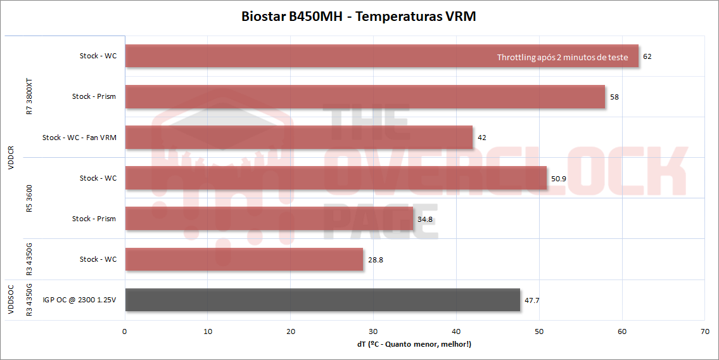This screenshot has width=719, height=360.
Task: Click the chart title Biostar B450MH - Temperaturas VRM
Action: (359, 16)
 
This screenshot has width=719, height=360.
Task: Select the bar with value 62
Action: (317, 56)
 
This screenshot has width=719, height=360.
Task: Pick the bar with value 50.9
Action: (336, 178)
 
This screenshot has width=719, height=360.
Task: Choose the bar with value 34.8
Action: (269, 219)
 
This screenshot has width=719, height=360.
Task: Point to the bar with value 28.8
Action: (244, 259)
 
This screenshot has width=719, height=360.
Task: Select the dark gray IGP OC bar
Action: (322, 300)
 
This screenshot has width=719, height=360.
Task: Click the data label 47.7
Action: (531, 300)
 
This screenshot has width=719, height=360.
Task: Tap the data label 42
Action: (481, 138)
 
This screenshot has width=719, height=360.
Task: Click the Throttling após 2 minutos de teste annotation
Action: (563, 57)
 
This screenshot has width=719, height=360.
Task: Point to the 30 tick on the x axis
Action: (374, 331)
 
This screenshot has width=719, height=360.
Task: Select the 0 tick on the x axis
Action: (125, 331)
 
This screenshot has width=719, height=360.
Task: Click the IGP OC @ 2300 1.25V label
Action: (79, 300)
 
